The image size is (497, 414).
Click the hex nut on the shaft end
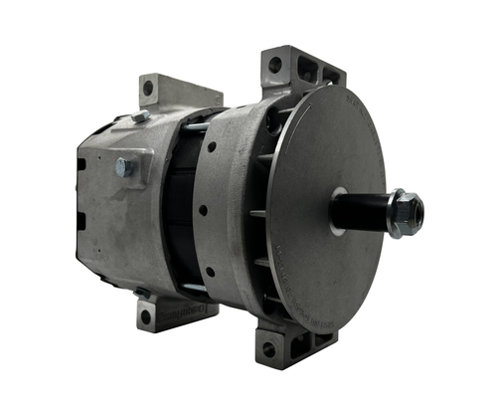pos(404,213)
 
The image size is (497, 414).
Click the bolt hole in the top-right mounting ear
pos(274,68)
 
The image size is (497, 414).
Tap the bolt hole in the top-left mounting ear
pos(148,90)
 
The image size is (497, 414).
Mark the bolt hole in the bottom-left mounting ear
pos(145,316)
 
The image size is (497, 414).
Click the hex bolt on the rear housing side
pos(123,166)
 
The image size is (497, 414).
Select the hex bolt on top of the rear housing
pos(141,117)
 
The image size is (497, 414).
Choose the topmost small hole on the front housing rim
pos(212,146)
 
